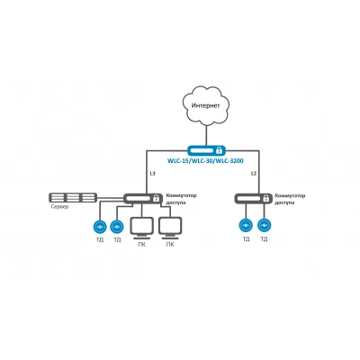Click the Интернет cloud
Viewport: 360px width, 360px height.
(x=206, y=106)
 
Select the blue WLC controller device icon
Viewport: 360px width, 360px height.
(x=206, y=149)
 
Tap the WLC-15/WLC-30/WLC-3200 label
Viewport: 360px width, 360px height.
(x=205, y=161)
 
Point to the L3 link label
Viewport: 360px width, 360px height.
(x=152, y=174)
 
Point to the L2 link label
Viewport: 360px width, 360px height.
(x=254, y=174)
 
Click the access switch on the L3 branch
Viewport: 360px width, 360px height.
(x=142, y=198)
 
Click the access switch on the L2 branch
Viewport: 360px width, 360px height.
(x=253, y=198)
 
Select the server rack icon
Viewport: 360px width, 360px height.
(x=73, y=197)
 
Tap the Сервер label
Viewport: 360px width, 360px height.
(x=59, y=206)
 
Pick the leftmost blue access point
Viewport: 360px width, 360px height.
(x=100, y=226)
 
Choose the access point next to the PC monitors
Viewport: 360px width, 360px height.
(x=117, y=226)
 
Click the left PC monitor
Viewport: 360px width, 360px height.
(x=142, y=228)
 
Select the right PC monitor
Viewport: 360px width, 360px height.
(x=170, y=228)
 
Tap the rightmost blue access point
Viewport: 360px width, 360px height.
(x=264, y=225)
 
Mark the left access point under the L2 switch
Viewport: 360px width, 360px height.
(x=246, y=225)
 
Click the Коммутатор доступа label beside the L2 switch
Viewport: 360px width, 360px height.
(x=290, y=199)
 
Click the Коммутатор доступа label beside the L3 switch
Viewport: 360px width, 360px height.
(x=181, y=199)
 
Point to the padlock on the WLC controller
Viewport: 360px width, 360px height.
(x=220, y=149)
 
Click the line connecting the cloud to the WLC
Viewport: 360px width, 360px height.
(x=206, y=135)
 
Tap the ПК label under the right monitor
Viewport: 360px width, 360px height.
(x=170, y=245)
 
